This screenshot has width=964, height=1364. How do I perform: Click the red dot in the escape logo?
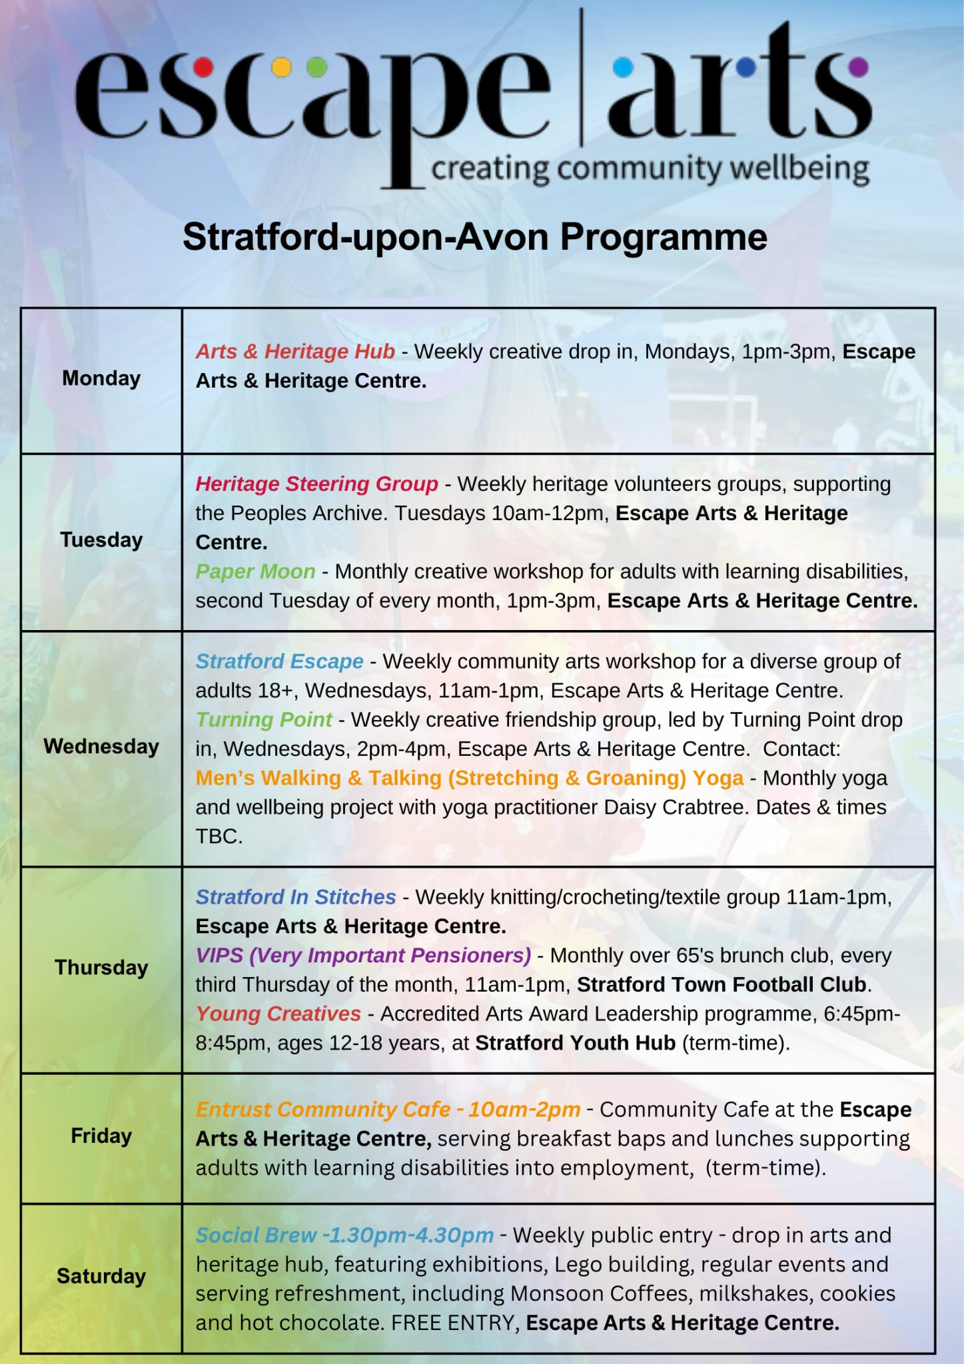[x=203, y=67]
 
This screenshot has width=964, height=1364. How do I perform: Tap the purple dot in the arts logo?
[x=859, y=67]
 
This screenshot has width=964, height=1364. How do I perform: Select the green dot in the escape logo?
[x=317, y=67]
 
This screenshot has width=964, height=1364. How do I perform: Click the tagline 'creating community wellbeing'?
[x=650, y=169]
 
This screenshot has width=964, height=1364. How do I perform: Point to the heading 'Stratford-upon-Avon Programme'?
[x=474, y=236]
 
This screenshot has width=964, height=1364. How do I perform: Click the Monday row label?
[x=101, y=378]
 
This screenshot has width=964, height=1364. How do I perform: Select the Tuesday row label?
[x=101, y=539]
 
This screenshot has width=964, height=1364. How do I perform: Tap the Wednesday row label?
[x=101, y=746]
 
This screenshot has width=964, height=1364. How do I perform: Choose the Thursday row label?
[x=101, y=967]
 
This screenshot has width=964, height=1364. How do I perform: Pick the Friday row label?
[x=101, y=1136]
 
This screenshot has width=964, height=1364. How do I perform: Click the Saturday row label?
[x=101, y=1276]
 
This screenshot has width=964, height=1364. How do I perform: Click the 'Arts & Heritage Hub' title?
[x=295, y=351]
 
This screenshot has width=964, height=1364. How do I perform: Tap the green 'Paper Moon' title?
[x=255, y=571]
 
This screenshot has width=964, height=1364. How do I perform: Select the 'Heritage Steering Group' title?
[x=316, y=484]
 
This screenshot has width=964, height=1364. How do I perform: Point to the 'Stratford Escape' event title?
[x=279, y=661]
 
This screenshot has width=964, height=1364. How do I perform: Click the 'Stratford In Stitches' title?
[x=295, y=897]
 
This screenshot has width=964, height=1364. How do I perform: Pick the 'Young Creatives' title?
[x=278, y=1014]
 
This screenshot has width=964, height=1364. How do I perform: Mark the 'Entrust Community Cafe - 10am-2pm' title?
[x=388, y=1110]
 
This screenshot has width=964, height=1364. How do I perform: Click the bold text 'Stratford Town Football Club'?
[x=723, y=984]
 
